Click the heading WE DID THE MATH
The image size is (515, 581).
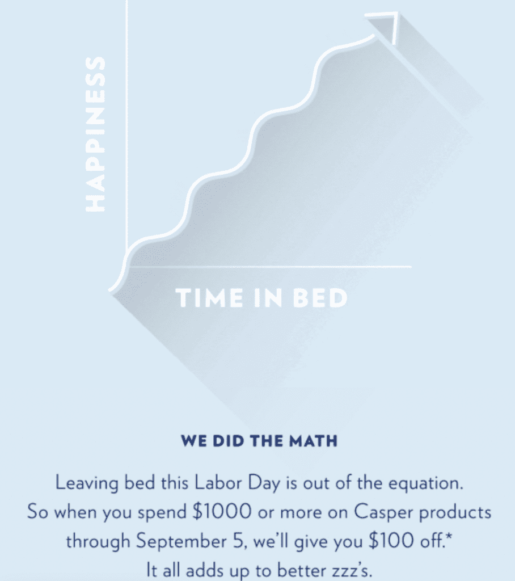coord(259,441)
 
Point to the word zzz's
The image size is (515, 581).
coord(346,569)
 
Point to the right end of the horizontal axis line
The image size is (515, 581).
coord(411,266)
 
